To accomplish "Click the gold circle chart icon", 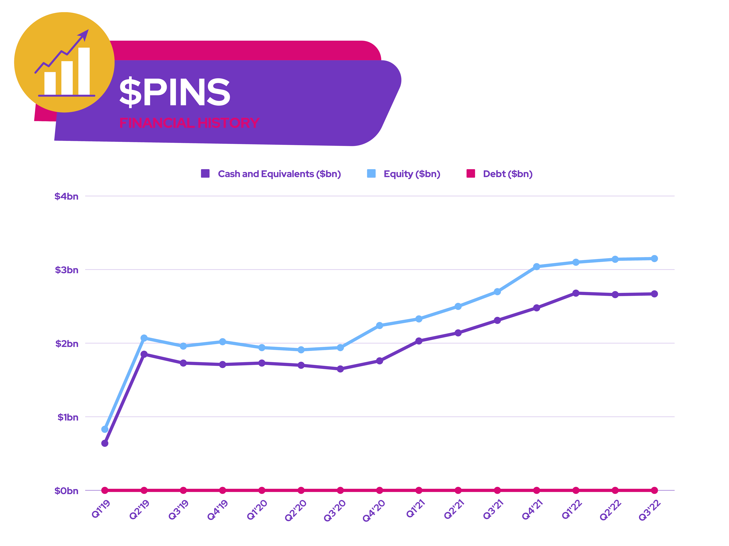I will click(x=64, y=63).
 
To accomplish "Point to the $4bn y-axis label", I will click(x=66, y=196).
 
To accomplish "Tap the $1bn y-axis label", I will click(x=68, y=417).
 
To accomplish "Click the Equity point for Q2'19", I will click(x=144, y=338).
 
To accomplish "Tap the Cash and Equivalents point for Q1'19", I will click(x=105, y=443).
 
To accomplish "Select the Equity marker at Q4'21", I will click(x=537, y=267).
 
